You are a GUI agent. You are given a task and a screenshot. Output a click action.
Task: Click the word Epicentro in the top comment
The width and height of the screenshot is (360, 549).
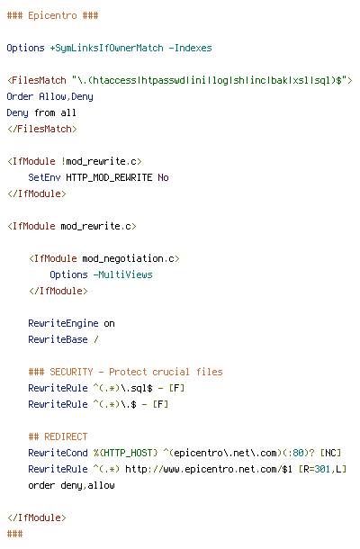[52, 16]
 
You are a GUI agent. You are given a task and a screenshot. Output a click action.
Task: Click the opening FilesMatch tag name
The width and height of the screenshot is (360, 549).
[39, 80]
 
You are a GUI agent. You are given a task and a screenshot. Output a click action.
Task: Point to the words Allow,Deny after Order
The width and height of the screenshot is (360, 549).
[66, 97]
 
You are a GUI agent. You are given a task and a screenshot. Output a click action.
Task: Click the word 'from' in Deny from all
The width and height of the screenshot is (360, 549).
[44, 112]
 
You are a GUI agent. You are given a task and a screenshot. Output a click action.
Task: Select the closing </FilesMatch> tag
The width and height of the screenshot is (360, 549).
[42, 129]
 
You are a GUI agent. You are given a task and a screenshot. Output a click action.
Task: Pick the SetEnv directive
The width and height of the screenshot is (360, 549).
[44, 177]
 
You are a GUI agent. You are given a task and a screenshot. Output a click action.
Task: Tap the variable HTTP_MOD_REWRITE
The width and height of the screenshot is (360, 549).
[109, 177]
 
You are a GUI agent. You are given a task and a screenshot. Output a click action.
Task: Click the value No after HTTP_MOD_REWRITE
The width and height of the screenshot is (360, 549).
[163, 177]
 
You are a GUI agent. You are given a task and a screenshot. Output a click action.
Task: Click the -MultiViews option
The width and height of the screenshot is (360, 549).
[122, 274]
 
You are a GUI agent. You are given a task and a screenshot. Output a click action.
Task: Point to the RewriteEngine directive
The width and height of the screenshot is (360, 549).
[63, 323]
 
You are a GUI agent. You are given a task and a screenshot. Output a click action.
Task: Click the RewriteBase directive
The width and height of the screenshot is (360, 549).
[58, 339]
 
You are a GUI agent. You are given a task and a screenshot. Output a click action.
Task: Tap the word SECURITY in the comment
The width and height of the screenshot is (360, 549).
[71, 372]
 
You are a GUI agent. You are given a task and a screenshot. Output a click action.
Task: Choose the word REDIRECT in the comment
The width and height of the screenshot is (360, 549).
[66, 436]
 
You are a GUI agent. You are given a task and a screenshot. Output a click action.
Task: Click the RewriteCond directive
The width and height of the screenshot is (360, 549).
[58, 453]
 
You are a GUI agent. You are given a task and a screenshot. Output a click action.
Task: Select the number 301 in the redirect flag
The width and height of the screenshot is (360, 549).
[322, 469]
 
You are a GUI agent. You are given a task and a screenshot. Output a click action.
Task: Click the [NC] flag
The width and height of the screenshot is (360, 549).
[330, 453]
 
